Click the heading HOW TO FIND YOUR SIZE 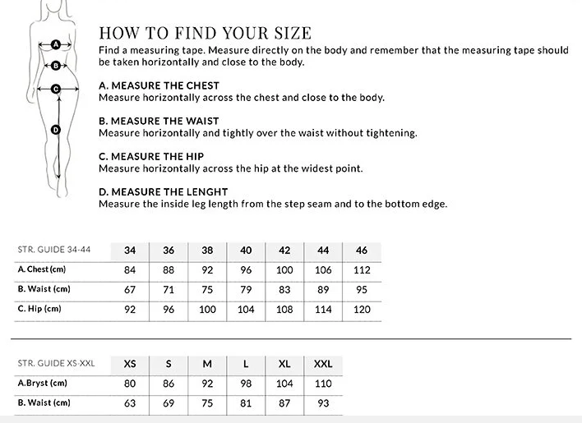point(205,33)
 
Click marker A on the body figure point(55,44)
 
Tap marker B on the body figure point(55,65)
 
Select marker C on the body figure point(56,88)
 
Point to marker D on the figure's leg point(56,129)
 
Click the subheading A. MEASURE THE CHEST point(159,85)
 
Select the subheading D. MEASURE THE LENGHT point(163,192)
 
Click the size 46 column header point(362,251)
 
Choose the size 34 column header point(130,251)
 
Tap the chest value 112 point(362,269)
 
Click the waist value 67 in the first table point(130,289)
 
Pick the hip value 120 point(362,309)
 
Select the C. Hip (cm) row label point(39,309)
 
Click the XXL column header point(323,364)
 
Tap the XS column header point(130,364)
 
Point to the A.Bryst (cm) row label point(43,383)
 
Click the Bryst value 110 point(323,384)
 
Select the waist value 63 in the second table point(130,403)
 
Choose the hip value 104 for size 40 point(246,309)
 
